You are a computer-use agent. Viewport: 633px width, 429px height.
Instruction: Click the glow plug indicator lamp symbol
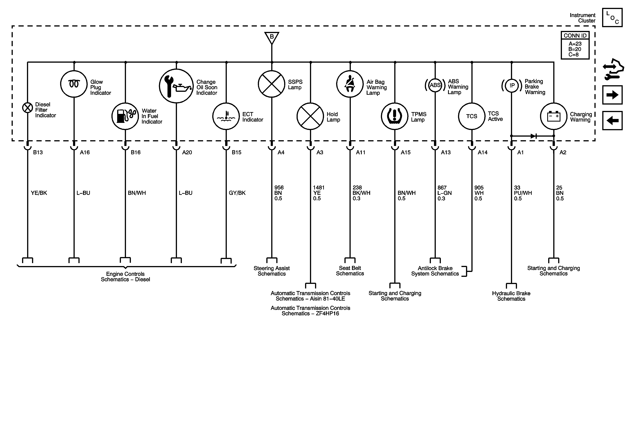pos(74,84)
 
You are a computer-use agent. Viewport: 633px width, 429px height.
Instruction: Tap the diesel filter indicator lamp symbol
pos(27,108)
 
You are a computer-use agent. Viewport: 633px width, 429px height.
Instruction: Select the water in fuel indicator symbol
pos(125,116)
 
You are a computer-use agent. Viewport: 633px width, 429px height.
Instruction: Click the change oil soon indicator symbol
pos(176,86)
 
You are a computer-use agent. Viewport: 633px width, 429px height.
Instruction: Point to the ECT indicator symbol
pos(226,116)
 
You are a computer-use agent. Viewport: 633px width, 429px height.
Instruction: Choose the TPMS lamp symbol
pos(394,116)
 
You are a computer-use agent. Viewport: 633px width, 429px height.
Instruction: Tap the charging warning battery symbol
pos(553,116)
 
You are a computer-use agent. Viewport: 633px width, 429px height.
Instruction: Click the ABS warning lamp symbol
pos(435,85)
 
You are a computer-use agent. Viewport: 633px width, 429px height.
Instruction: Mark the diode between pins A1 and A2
pos(533,136)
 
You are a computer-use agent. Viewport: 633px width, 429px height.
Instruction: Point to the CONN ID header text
pos(575,36)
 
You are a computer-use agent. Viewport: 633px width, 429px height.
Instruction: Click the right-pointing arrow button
pos(612,95)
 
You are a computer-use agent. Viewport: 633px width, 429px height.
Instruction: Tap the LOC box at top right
pos(612,18)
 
